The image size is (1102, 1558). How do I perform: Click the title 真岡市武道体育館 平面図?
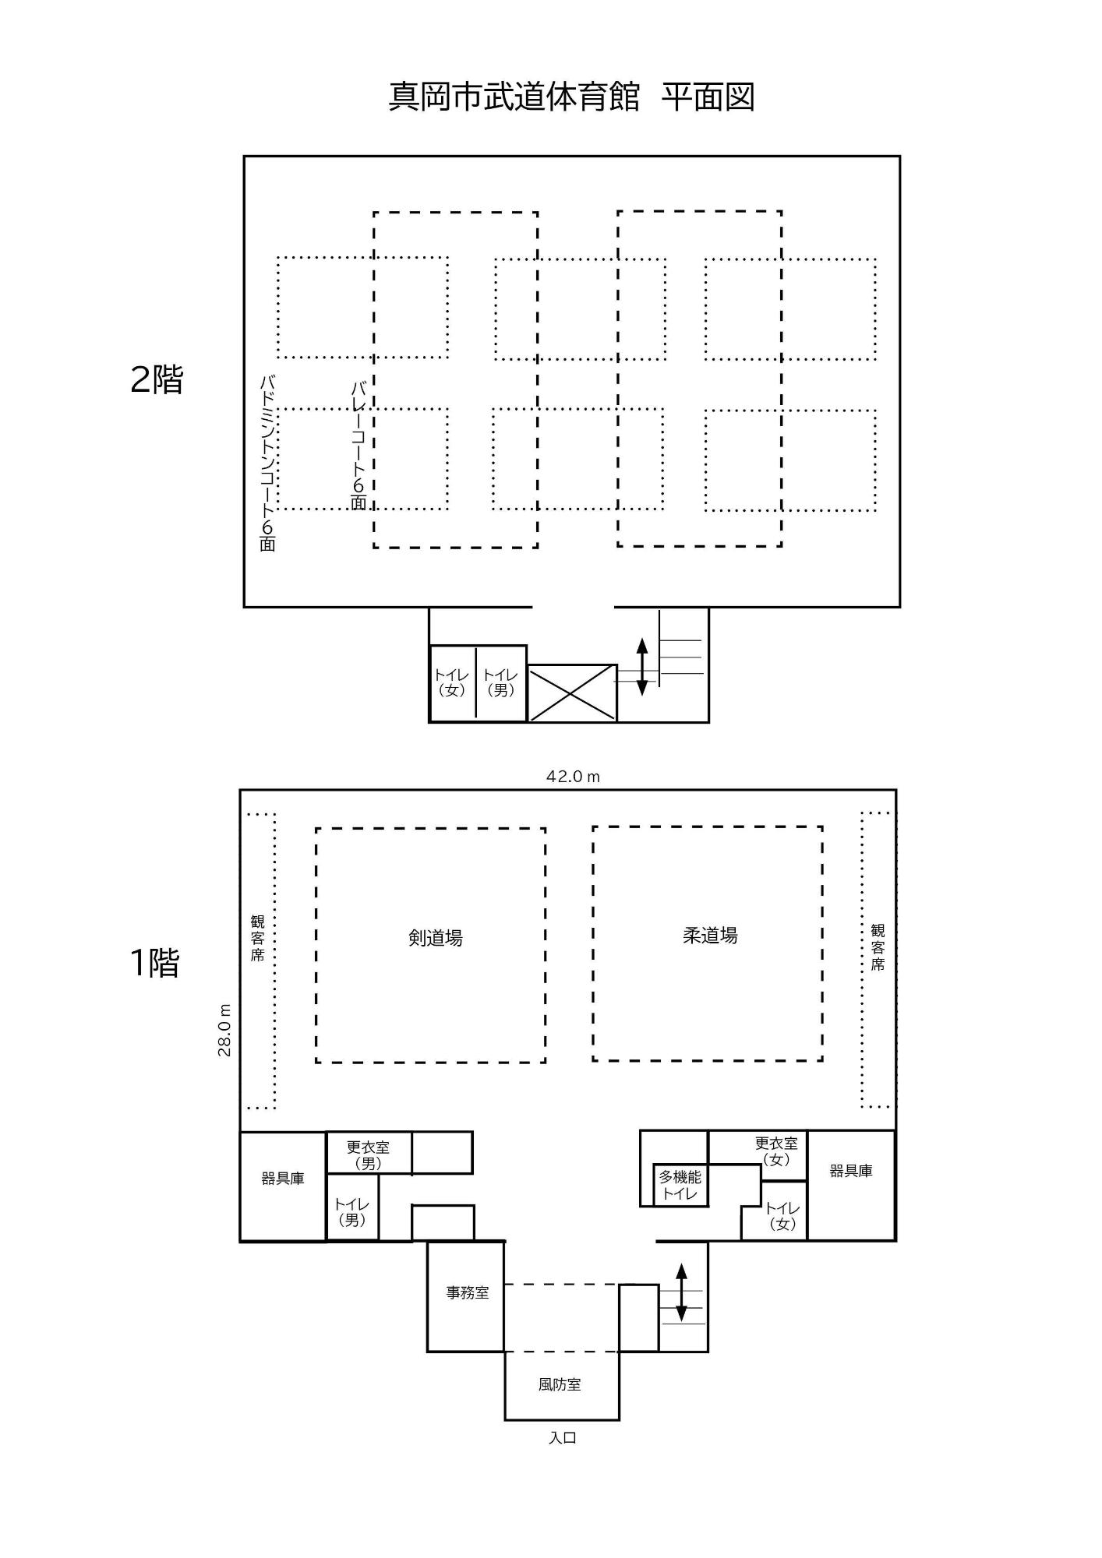(x=571, y=97)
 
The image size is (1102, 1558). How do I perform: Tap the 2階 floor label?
(x=156, y=379)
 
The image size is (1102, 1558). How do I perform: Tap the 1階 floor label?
(x=154, y=963)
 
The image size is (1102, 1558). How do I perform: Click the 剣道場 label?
(x=436, y=938)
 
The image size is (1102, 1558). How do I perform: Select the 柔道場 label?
(x=710, y=936)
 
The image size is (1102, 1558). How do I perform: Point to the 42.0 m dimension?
(x=573, y=777)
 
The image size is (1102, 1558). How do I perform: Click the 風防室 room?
(x=560, y=1384)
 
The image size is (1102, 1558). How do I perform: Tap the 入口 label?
(x=562, y=1438)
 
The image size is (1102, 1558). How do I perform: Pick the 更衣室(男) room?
(x=368, y=1154)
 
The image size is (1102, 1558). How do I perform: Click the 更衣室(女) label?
(x=776, y=1151)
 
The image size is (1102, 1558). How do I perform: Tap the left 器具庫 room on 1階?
(x=282, y=1179)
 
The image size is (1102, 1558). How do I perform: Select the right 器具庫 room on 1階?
(x=850, y=1171)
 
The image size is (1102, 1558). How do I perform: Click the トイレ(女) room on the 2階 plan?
(x=452, y=682)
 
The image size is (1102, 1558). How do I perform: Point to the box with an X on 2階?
(x=572, y=693)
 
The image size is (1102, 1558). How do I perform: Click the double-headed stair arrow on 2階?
(x=642, y=666)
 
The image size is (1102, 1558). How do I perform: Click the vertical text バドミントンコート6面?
(x=267, y=464)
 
